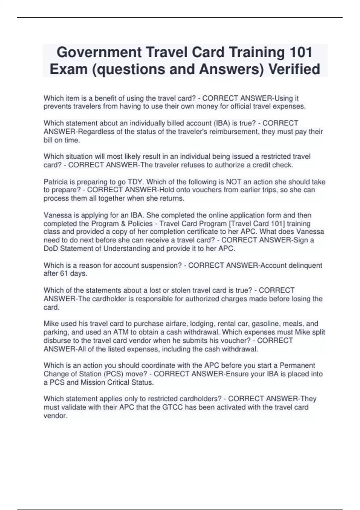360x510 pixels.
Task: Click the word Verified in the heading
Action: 294,69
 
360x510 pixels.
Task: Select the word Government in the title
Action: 99,52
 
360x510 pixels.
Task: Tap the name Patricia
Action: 55,182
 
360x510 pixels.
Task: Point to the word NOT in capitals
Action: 233,182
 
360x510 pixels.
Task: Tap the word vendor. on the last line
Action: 55,415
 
